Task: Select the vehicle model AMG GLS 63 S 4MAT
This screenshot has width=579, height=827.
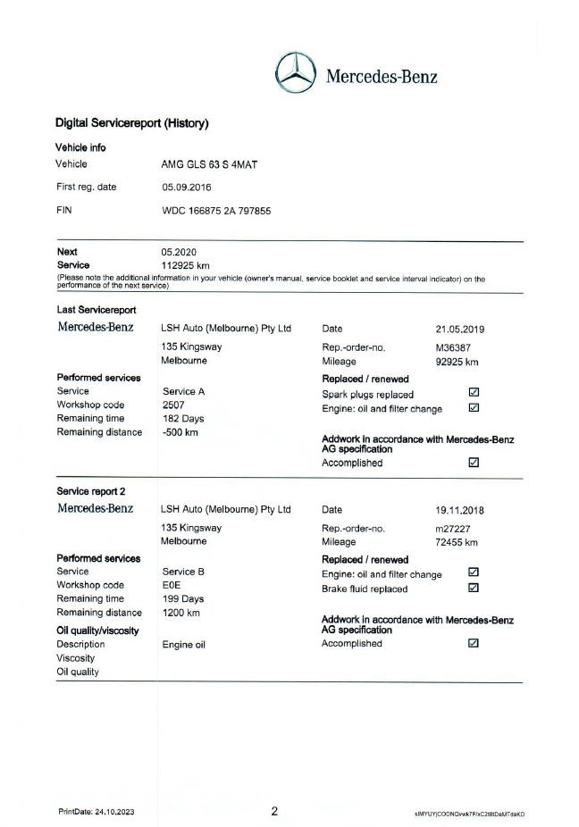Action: (206, 164)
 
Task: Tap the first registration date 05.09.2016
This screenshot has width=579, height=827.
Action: (187, 188)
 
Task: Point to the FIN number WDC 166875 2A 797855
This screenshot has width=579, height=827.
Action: (216, 211)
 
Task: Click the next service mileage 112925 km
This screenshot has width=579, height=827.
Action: (185, 265)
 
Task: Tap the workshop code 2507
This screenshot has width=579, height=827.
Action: (173, 405)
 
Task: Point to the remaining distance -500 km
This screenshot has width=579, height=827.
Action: (180, 432)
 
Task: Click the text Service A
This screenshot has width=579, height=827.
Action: (184, 391)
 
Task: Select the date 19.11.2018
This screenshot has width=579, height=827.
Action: (460, 510)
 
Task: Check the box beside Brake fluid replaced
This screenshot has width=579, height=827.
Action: (474, 589)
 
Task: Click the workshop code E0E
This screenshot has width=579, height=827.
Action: (171, 585)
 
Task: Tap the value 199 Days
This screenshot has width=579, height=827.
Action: (182, 598)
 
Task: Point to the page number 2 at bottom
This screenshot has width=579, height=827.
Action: (275, 812)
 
